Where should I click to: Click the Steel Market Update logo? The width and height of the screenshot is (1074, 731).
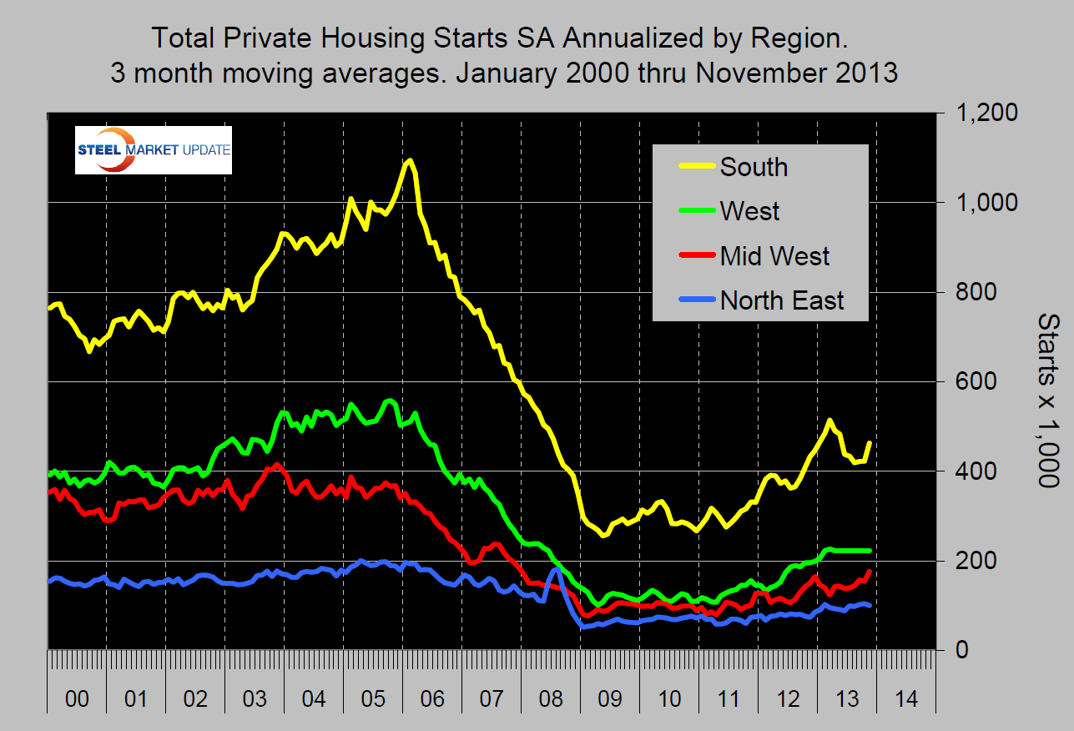click(x=153, y=150)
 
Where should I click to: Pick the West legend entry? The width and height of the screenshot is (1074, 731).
click(x=749, y=211)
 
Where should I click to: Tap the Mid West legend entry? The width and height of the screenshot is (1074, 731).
click(x=774, y=255)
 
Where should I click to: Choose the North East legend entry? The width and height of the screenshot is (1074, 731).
click(x=782, y=300)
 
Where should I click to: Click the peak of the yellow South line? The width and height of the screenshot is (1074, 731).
click(x=408, y=160)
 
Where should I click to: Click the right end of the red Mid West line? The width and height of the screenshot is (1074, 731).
click(x=870, y=572)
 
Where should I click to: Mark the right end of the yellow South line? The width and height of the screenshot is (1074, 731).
click(x=870, y=443)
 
